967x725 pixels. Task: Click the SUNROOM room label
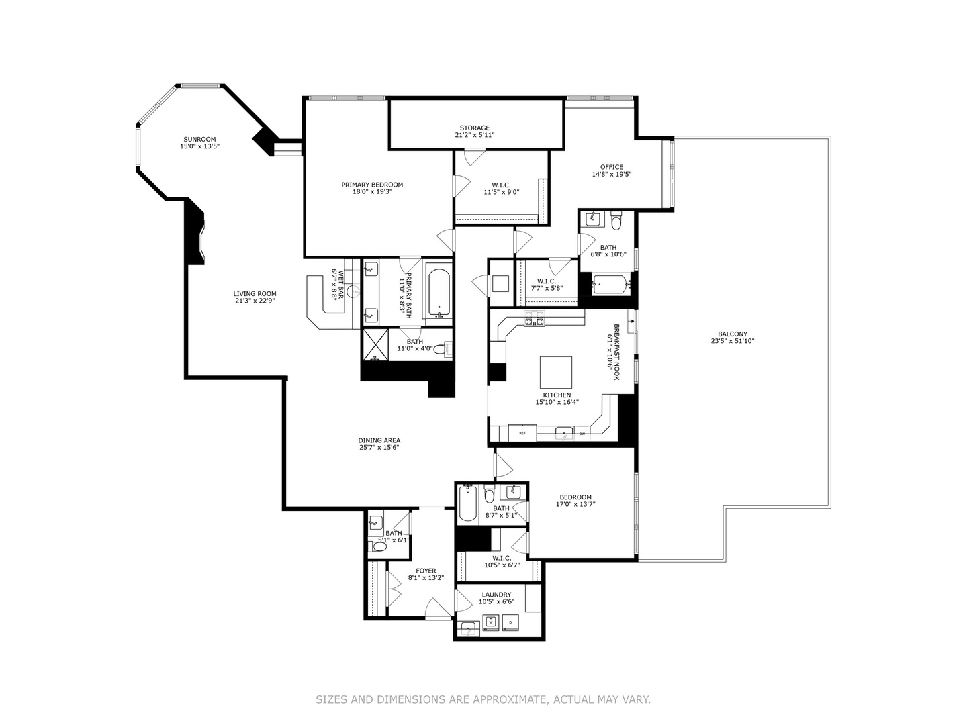199,139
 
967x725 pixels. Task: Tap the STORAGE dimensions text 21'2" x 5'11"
475,135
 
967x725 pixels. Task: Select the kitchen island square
556,373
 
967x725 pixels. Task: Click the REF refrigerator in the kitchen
522,433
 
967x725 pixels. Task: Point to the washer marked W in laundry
490,622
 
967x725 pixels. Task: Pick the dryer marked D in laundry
510,622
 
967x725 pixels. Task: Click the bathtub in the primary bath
439,292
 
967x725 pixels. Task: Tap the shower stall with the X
375,344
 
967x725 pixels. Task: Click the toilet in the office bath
616,221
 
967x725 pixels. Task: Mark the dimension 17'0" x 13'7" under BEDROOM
575,504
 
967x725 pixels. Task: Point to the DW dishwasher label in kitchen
582,434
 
